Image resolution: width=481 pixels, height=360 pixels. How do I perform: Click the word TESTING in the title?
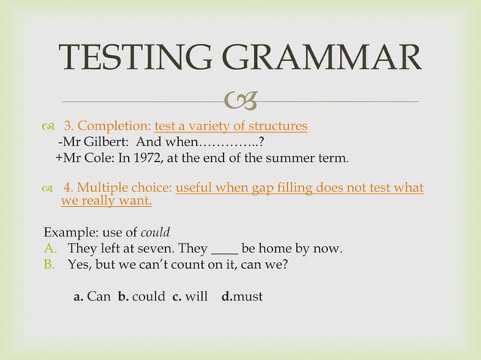134,57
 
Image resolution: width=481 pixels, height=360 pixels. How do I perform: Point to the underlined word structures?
275,126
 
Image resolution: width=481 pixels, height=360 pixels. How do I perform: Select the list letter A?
50,249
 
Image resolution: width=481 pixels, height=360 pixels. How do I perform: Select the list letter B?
50,265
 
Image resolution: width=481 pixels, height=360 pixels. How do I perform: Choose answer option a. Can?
92,297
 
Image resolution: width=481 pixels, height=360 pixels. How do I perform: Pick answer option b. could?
141,297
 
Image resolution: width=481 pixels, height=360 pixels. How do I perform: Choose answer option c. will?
190,297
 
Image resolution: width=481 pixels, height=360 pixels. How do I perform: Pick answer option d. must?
242,297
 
